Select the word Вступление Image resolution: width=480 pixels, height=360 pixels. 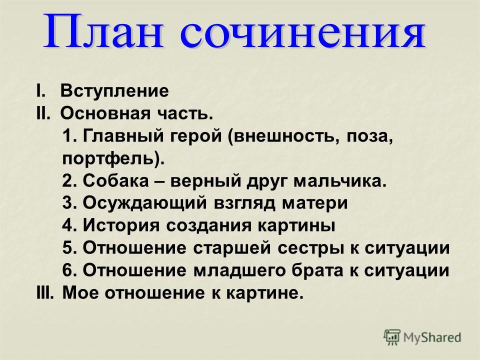pyautogui.click(x=114, y=91)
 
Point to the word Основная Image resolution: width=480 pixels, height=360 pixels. pyautogui.click(x=105, y=113)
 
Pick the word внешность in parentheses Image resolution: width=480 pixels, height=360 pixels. pyautogui.click(x=287, y=136)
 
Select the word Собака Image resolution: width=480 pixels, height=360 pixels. pyautogui.click(x=115, y=180)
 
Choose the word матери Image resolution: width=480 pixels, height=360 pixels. pyautogui.click(x=314, y=203)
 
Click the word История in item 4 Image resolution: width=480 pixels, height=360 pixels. pyautogui.click(x=121, y=225)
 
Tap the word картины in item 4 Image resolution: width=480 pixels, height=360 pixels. pyautogui.click(x=296, y=226)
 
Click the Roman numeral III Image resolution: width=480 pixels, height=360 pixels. pyautogui.click(x=44, y=293)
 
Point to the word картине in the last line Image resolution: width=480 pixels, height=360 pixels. pyautogui.click(x=265, y=293)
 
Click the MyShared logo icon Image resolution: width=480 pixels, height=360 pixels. pyautogui.click(x=392, y=337)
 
